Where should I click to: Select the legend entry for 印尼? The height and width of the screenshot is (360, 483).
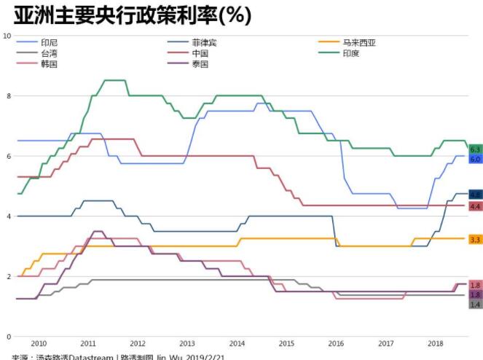(50, 42)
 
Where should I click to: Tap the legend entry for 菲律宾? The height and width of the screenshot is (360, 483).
(203, 42)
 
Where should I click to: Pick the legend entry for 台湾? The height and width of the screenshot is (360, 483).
(50, 53)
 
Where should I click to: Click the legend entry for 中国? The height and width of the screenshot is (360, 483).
(200, 53)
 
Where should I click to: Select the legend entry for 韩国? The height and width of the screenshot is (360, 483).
(50, 64)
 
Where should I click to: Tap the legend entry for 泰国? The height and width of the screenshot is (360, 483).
(200, 64)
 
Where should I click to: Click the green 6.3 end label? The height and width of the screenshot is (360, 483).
(475, 149)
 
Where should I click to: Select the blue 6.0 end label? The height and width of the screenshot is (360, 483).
(475, 159)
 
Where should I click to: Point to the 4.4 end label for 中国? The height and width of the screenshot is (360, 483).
(475, 206)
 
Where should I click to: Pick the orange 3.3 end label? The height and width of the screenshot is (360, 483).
(475, 239)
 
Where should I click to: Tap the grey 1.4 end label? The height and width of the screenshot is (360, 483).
(475, 304)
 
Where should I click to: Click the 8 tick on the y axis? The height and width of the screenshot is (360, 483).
(9, 96)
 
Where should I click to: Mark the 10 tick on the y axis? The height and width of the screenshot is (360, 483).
(7, 36)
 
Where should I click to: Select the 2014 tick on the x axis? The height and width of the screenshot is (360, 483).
(237, 343)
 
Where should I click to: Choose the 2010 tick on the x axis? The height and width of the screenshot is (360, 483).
(39, 343)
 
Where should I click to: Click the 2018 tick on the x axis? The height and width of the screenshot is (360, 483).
(435, 343)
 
